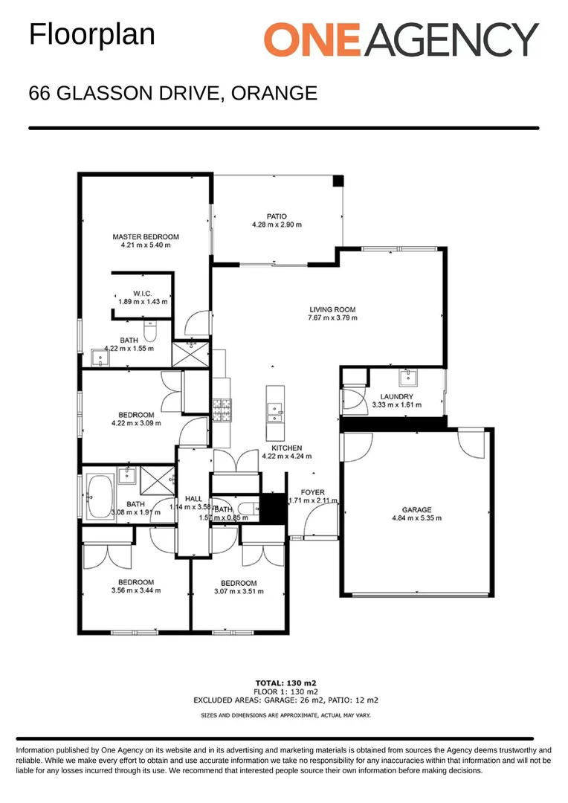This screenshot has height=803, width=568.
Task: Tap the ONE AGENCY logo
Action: coord(401,39)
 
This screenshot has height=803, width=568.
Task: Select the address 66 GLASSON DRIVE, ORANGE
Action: coord(172,94)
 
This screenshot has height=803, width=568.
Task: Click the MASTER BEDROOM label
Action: coord(146,236)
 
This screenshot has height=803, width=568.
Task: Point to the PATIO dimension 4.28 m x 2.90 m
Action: coord(277,225)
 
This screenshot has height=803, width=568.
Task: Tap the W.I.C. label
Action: coord(143,293)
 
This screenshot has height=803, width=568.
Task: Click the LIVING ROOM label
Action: coord(332,309)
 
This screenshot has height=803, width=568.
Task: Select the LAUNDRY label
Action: coord(396,396)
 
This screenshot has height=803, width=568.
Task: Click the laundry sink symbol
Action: coord(407,377)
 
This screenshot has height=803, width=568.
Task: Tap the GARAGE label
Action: coord(416,510)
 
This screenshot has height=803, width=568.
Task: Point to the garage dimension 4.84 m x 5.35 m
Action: coord(416,518)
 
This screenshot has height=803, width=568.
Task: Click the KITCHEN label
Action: coord(286,448)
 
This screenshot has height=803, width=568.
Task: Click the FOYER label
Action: coord(312,492)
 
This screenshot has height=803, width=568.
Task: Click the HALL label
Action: coord(193,498)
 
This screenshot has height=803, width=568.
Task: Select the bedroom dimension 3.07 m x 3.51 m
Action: coord(239,592)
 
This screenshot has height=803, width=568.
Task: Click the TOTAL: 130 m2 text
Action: coord(286,682)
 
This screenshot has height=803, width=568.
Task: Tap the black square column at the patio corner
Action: coord(338,180)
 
